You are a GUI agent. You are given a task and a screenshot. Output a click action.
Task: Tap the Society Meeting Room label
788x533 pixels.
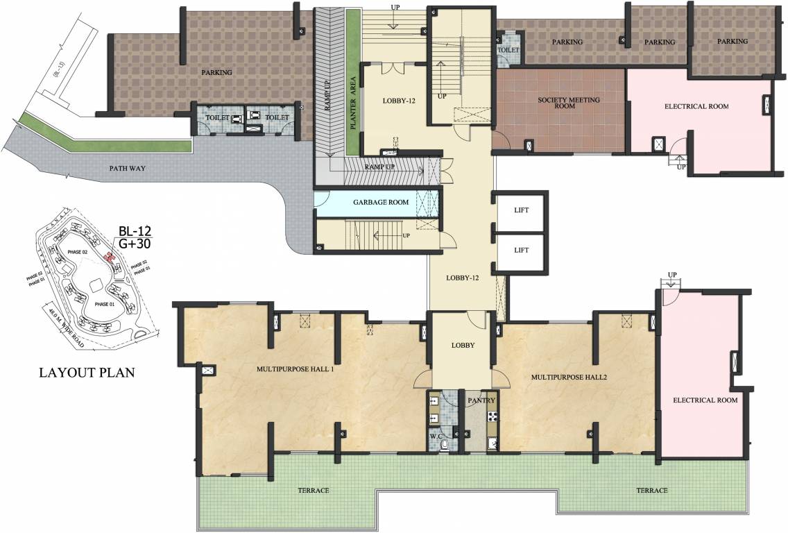(569, 103)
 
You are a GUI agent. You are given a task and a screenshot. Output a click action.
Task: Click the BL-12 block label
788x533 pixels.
(134, 230)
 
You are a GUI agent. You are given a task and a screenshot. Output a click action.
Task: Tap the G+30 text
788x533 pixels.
(134, 244)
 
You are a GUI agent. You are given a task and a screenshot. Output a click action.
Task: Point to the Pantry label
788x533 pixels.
(481, 400)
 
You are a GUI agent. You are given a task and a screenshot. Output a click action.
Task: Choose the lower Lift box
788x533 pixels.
(521, 250)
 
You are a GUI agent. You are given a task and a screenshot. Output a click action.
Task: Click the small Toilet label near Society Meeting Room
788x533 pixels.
(508, 50)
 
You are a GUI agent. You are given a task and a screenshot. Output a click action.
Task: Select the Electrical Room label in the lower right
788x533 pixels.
(704, 400)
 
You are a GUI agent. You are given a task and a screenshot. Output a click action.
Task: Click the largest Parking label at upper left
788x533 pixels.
(216, 72)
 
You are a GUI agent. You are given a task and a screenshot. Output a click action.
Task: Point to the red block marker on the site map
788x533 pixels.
(109, 256)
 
